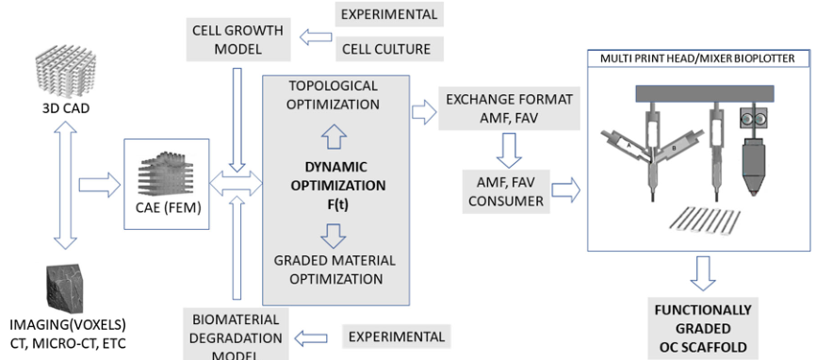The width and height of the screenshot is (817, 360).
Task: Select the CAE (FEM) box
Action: (166, 184)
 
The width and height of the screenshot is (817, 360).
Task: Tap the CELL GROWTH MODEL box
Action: (237, 39)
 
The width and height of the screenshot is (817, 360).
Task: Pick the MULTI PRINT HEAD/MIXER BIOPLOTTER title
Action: (700, 58)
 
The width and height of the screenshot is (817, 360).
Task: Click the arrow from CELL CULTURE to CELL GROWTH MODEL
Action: (316, 37)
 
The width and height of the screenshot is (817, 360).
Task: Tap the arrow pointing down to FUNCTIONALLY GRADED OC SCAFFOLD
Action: (703, 272)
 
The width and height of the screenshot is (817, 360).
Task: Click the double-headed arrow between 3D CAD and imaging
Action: (65, 188)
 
